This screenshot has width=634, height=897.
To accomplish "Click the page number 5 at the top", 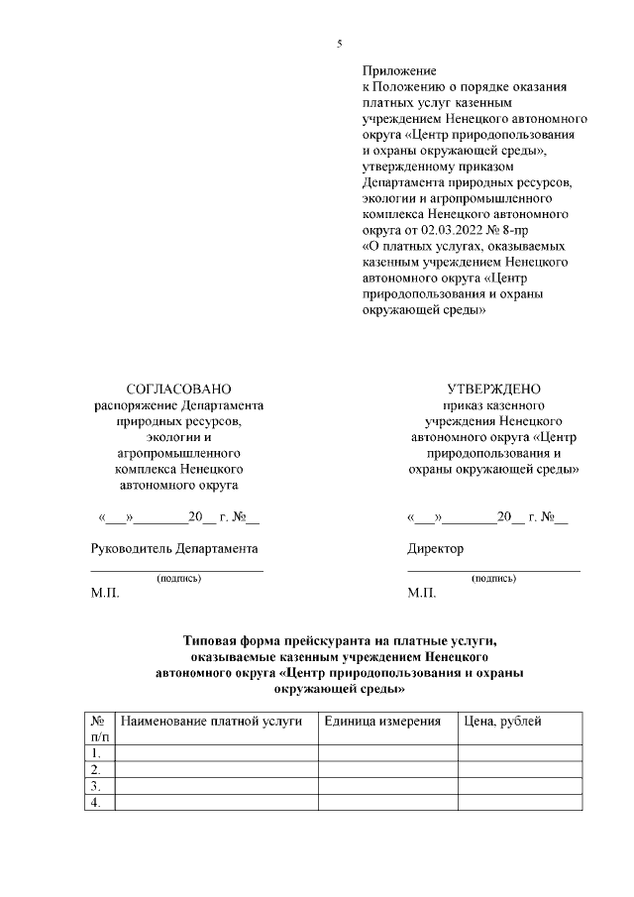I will (340, 44).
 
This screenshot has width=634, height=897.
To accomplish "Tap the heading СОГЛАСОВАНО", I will (178, 390).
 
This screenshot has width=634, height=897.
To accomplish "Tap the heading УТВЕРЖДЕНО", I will (493, 390).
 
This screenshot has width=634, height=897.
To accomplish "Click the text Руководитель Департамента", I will (174, 548).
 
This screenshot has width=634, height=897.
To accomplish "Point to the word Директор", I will (435, 548).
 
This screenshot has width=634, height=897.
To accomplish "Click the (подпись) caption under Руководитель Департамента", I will (178, 578).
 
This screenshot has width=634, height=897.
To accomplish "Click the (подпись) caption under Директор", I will (493, 578).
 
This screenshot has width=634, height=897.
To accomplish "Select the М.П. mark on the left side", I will (104, 594).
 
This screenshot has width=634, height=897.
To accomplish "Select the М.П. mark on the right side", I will (421, 594).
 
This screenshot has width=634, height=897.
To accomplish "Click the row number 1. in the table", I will (96, 753).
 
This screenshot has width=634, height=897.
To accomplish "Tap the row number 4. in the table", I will (96, 803).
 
